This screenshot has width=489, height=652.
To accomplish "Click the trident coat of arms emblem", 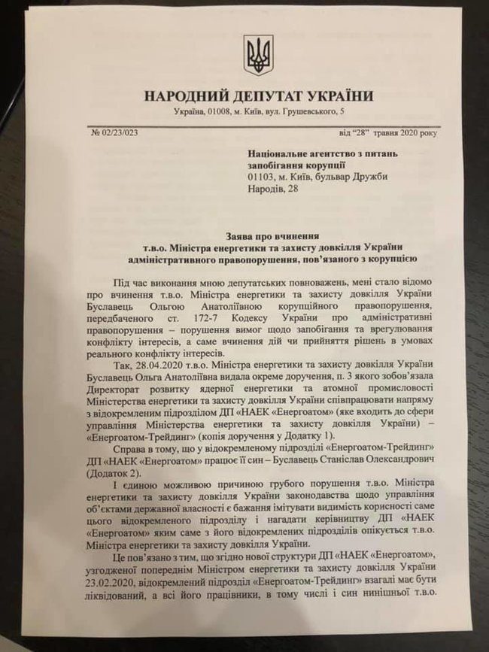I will tap(258, 56).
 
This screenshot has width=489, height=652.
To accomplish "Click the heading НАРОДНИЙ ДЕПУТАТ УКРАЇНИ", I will tap(258, 96).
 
